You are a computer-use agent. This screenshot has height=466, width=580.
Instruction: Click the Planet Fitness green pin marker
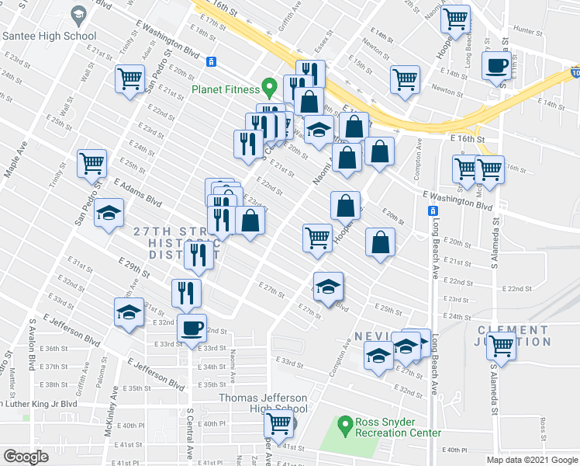pyautogui.click(x=270, y=87)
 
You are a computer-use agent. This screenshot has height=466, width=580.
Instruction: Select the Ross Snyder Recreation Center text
pyautogui.click(x=398, y=427)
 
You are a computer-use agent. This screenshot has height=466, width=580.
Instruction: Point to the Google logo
pyautogui.click(x=26, y=457)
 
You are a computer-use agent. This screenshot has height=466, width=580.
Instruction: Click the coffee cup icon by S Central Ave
pyautogui.click(x=192, y=328)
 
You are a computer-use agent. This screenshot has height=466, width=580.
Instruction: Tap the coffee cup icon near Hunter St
pyautogui.click(x=496, y=65)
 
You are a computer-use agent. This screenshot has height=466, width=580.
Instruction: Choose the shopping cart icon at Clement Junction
pyautogui.click(x=502, y=346)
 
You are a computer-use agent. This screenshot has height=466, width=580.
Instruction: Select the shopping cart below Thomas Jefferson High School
pyautogui.click(x=278, y=424)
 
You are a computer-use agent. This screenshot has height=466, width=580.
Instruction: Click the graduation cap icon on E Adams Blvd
pyautogui.click(x=109, y=213)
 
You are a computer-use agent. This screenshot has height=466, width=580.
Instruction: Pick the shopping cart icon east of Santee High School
pyautogui.click(x=130, y=78)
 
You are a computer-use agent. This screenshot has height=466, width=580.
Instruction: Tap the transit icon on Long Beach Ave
pyautogui.click(x=433, y=211)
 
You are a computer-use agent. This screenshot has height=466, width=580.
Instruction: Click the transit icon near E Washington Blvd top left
pyautogui.click(x=211, y=61)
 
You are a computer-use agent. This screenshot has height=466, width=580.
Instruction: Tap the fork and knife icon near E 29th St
pyautogui.click(x=200, y=256)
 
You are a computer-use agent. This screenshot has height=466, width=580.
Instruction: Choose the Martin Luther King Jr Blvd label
pyautogui.click(x=39, y=404)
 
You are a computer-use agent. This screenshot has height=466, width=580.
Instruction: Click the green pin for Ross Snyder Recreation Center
pyautogui.click(x=346, y=426)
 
